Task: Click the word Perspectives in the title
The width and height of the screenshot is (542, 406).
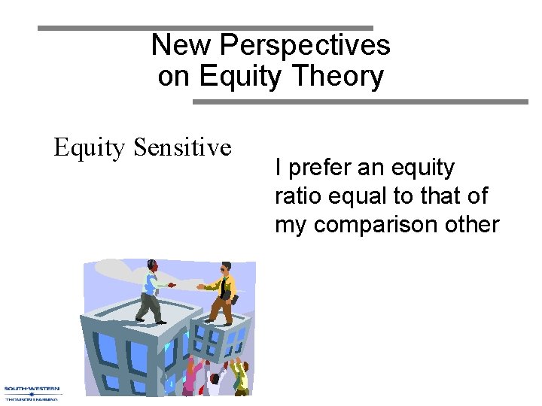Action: tap(305, 46)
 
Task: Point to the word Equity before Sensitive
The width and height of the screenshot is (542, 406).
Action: tap(90, 148)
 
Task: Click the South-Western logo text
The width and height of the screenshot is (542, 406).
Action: tap(32, 389)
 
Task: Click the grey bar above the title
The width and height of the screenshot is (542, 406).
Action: tap(206, 28)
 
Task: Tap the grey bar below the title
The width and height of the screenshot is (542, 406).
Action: tap(361, 101)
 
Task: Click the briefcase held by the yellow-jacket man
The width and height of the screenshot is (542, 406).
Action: tap(234, 300)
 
